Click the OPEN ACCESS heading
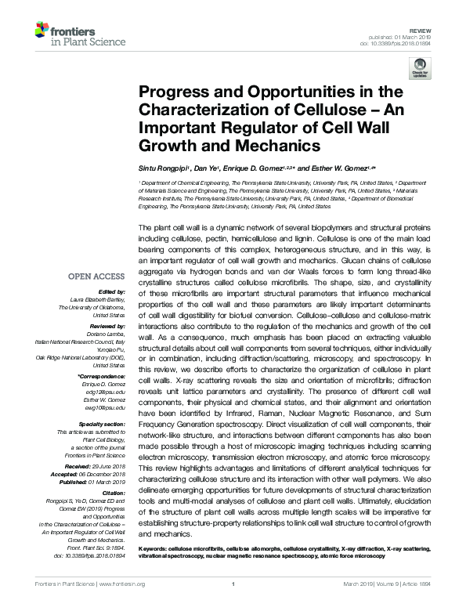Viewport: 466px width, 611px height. click(96, 276)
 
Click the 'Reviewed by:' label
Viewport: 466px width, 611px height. click(107, 325)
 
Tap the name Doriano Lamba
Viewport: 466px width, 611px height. click(104, 333)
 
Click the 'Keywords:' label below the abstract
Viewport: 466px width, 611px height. click(154, 550)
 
